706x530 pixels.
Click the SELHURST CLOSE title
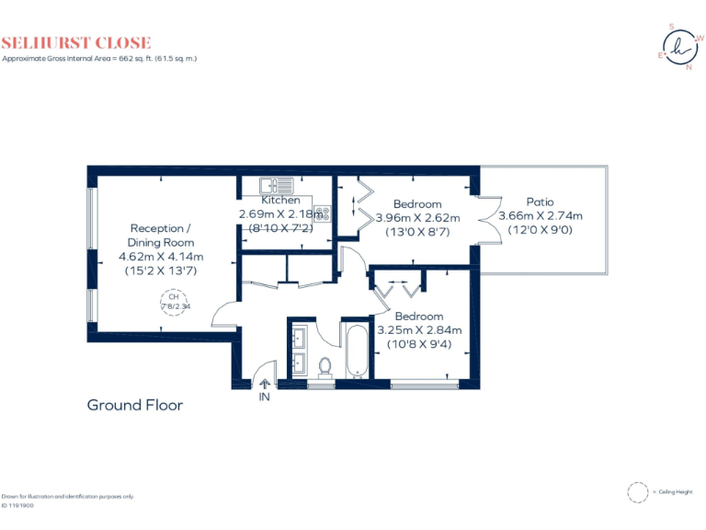pos(76,42)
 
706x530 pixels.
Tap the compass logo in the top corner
pos(679,47)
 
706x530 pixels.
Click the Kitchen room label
pos(280,200)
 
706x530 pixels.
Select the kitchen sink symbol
pos(275,184)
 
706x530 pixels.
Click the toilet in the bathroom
pos(325,367)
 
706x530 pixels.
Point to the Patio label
pos(540,202)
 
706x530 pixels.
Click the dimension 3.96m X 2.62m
pos(417,218)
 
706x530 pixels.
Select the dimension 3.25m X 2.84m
pos(419,330)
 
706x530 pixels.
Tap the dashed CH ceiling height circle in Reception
pos(172,303)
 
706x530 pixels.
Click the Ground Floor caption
pos(134,405)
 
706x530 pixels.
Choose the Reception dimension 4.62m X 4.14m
pos(161,257)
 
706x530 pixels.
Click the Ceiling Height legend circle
pos(637,492)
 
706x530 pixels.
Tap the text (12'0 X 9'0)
pos(540,230)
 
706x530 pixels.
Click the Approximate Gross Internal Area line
pos(99,58)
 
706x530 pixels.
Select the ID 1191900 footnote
pos(17,505)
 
